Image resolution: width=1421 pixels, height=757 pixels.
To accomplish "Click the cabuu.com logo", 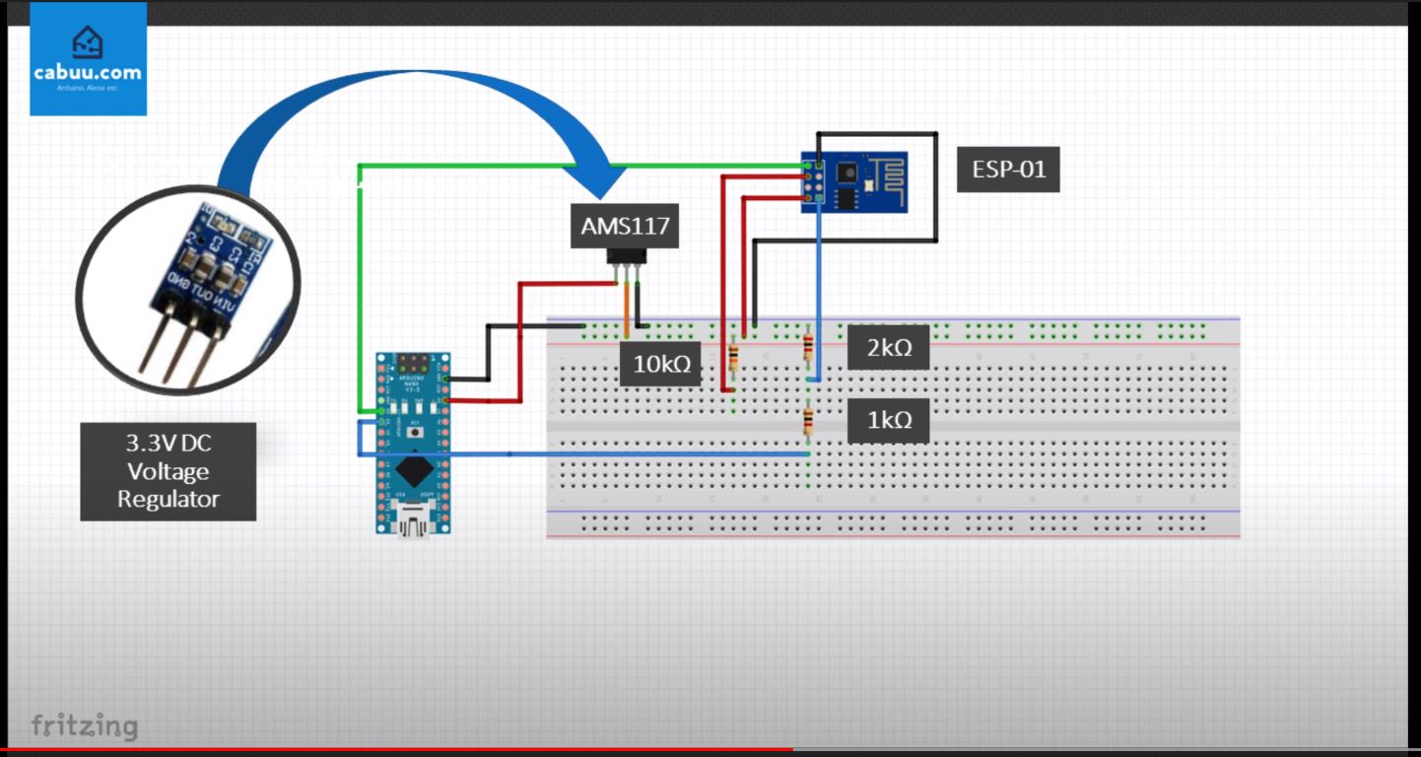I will pos(88,58).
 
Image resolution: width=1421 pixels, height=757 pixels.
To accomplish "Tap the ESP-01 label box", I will pos(1008,170).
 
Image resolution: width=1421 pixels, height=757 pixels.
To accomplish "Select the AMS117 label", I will pos(625,226).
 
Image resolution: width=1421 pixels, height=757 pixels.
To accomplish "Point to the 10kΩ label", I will pos(660,364).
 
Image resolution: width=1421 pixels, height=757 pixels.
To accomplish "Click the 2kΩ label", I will pos(888,348).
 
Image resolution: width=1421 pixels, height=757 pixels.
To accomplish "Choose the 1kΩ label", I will pos(888,420).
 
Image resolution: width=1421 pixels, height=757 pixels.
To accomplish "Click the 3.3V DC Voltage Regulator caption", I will pos(168,471).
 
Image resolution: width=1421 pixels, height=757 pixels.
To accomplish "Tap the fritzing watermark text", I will pos(85,726).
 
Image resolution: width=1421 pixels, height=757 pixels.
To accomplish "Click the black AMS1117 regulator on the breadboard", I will pos(626,256).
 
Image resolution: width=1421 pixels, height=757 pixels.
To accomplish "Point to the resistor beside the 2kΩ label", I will pos(808,347).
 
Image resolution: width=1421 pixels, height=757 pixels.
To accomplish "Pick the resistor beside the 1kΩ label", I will pos(808,422).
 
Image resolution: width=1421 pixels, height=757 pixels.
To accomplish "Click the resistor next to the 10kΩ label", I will pos(733,357).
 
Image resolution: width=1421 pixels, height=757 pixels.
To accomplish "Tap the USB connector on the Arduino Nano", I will pos(413,517).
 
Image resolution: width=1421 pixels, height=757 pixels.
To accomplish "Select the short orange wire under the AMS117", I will pos(626,308).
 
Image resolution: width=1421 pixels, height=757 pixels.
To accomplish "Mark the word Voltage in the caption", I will pos(168,471).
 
